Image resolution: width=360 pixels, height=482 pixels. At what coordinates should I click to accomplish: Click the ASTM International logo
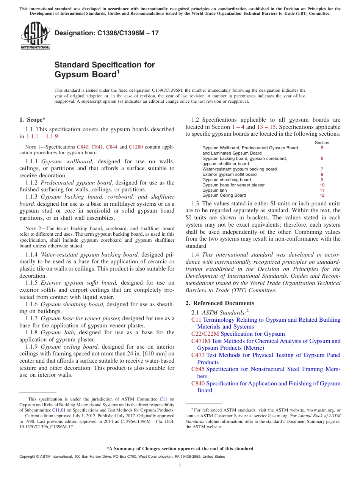35,36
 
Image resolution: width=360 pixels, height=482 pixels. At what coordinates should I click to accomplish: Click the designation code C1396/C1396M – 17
106,33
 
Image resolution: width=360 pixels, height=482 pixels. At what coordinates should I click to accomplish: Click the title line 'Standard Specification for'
105,65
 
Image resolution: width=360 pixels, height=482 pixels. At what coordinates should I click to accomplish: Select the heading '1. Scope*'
33,120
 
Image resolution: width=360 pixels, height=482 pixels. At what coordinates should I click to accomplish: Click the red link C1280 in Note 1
136,147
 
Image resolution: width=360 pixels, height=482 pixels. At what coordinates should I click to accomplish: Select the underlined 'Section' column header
322,142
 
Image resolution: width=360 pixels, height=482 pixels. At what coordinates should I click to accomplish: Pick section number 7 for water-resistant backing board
322,169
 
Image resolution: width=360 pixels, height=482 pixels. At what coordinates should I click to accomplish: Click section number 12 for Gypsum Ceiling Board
322,196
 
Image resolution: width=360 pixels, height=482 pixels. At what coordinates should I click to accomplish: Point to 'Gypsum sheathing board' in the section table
227,180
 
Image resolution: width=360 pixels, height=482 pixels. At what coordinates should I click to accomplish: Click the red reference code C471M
201,341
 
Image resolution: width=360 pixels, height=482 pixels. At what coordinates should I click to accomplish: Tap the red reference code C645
198,369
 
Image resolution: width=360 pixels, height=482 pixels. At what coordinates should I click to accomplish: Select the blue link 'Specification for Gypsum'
252,334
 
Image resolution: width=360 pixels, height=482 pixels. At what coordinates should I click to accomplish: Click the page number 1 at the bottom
180,465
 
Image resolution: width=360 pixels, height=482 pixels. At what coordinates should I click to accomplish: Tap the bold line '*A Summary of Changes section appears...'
180,449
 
